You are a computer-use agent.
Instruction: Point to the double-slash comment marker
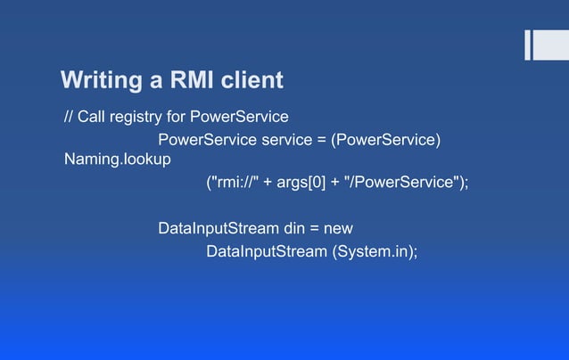click(x=68, y=117)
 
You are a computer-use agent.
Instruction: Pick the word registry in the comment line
click(x=136, y=117)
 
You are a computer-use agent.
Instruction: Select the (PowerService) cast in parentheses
click(x=389, y=140)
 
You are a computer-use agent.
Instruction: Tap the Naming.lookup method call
click(x=118, y=160)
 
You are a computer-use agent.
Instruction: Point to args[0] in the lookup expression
click(x=302, y=183)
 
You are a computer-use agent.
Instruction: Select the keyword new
click(x=339, y=229)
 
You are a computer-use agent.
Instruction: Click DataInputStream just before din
click(x=219, y=229)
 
